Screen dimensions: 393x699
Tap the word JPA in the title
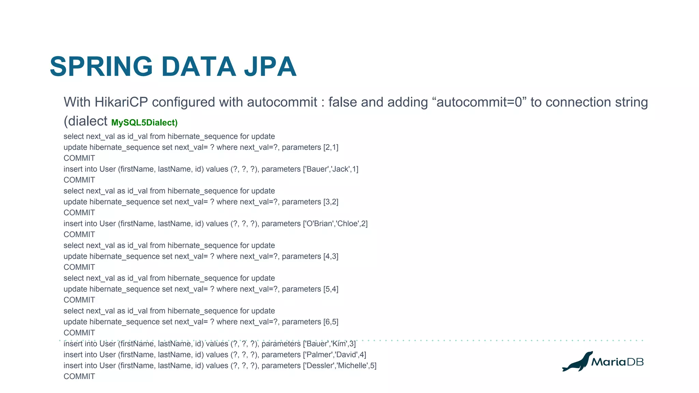pyautogui.click(x=270, y=67)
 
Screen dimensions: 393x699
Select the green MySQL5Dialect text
pyautogui.click(x=144, y=122)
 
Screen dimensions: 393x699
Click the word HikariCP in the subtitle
pyautogui.click(x=121, y=102)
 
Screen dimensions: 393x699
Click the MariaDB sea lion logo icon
pyautogui.click(x=577, y=362)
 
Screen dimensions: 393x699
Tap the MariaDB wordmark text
pyautogui.click(x=617, y=362)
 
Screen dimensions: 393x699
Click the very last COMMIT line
pyautogui.click(x=79, y=377)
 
